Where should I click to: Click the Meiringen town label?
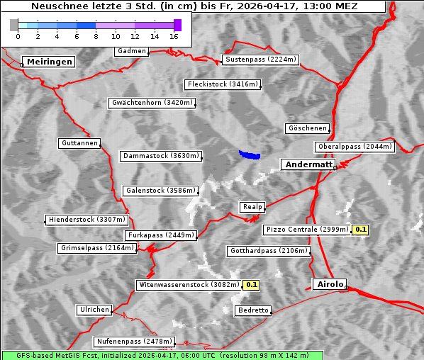48,62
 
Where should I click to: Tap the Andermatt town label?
308,164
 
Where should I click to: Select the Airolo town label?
330,284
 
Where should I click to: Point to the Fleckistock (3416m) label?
222,85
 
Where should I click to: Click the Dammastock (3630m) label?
161,156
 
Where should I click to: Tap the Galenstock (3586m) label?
160,191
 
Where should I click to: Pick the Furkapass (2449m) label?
160,235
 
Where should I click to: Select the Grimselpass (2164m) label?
96,248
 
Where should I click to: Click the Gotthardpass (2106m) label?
269,251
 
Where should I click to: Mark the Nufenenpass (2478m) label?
133,342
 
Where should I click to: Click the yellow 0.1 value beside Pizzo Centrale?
361,230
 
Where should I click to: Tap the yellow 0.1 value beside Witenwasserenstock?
252,285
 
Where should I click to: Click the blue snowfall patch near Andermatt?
249,154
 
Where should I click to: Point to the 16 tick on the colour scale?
174,35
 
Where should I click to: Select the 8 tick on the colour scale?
96,35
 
